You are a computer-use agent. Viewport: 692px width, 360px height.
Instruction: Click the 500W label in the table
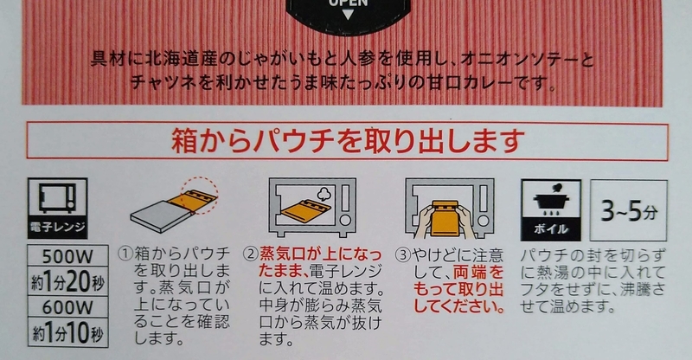pos(67,256)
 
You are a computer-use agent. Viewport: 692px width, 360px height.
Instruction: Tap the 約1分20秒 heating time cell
pos(67,281)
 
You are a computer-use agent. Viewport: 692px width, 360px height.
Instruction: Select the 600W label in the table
pos(67,307)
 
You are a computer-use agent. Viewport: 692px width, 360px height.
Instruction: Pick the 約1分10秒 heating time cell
pos(67,332)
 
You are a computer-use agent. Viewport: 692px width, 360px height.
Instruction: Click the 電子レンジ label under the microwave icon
pos(57,227)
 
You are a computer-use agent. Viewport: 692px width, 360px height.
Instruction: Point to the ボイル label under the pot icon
pos(551,228)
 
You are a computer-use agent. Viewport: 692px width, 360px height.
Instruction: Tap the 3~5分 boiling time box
pos(629,210)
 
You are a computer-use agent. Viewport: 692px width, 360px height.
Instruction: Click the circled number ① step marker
pos(125,254)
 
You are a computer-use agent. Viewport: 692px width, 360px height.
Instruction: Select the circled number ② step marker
pos(251,254)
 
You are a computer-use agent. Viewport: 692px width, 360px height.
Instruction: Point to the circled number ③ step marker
pos(402,255)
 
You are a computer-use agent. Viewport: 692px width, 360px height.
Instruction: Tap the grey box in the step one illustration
pos(162,216)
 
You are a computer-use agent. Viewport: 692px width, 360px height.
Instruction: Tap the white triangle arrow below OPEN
pos(349,15)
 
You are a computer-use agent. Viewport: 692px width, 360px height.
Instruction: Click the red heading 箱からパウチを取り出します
pos(348,141)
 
